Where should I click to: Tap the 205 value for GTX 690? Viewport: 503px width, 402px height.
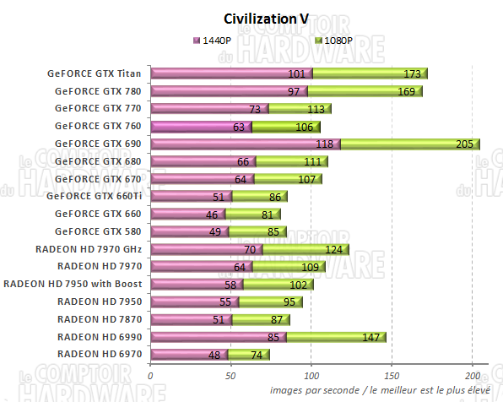tap(463, 144)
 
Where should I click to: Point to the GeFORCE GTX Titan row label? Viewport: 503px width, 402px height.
tap(95, 73)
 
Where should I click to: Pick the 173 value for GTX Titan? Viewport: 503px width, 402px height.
tap(414, 73)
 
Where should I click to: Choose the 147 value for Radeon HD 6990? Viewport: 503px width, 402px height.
tap(370, 337)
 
